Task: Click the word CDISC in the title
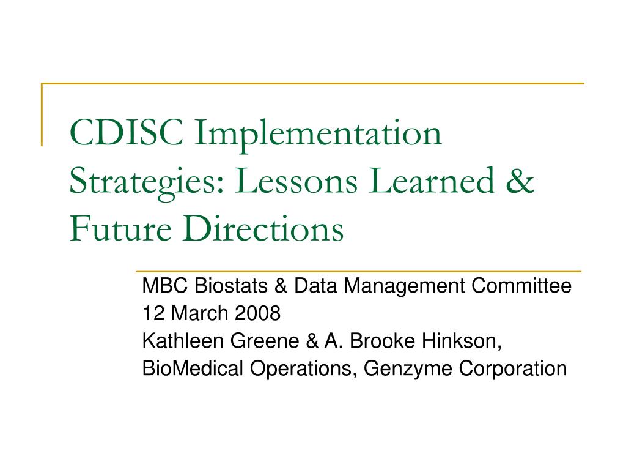pos(126,132)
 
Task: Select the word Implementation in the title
pos(318,136)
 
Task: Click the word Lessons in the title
pos(296,181)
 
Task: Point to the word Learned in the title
pos(432,180)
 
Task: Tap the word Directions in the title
pos(263,228)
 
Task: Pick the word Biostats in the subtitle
pos(230,286)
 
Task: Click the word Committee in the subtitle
pos(521,286)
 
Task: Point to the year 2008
pos(257,313)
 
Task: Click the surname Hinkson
pos(462,341)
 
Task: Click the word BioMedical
pos(193,368)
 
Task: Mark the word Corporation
pos(513,369)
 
